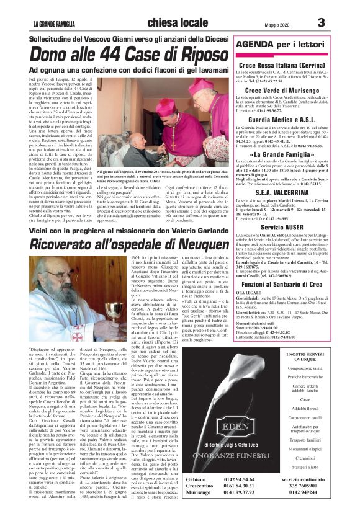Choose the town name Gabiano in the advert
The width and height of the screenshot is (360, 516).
point(181,481)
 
